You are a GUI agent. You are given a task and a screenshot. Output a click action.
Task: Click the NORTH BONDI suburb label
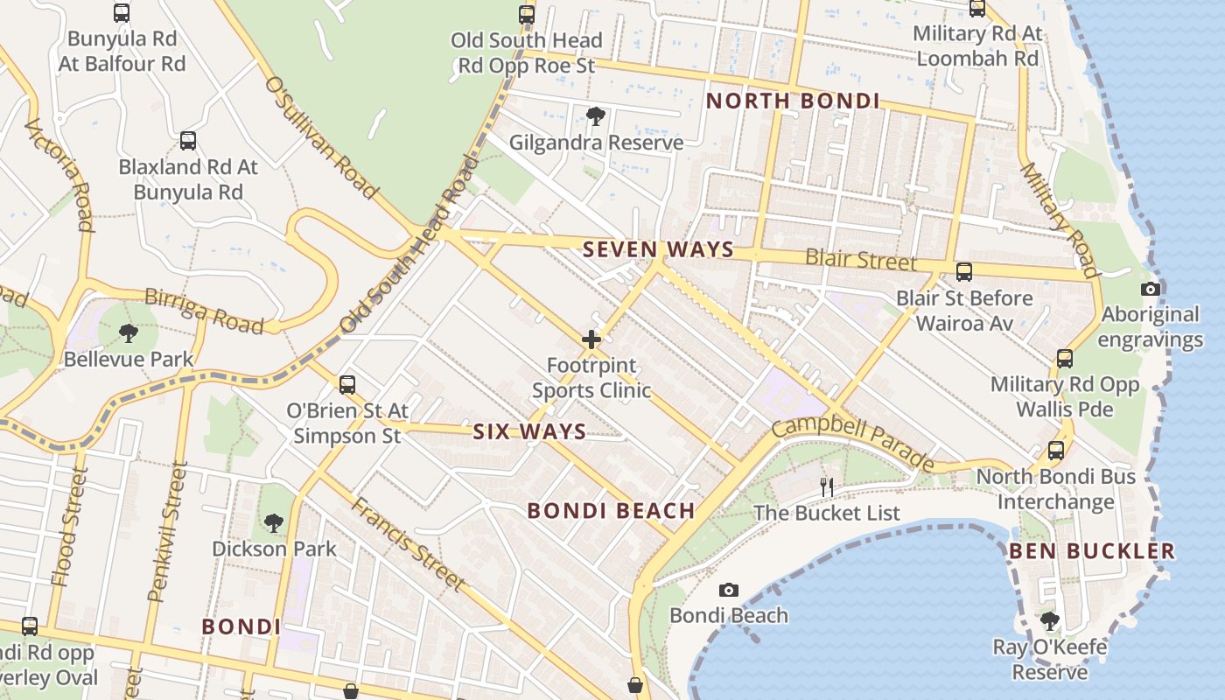coord(793,101)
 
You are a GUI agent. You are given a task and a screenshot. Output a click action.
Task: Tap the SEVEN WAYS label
coord(658,249)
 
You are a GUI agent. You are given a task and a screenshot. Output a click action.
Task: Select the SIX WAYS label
coord(529,431)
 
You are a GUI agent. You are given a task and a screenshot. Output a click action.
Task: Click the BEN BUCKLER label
coord(1092,551)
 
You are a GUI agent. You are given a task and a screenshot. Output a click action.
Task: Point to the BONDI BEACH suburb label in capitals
coord(612,511)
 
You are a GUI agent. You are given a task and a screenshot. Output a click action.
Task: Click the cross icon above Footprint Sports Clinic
coord(591,339)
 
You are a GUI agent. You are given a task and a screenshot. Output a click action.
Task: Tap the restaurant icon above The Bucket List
coord(827,487)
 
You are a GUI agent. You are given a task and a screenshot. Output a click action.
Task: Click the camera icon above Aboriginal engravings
coord(1151,290)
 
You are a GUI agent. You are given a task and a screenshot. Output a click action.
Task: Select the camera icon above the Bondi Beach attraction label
coord(728,591)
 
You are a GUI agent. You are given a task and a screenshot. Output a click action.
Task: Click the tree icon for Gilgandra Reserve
coord(596,116)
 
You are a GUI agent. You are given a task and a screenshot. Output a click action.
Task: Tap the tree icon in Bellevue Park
coord(129,333)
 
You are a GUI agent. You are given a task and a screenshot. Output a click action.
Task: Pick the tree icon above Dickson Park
coord(274,523)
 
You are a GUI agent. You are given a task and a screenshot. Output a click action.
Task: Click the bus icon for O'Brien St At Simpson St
coord(347,385)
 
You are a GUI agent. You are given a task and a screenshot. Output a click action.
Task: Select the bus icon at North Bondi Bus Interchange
coord(1056,451)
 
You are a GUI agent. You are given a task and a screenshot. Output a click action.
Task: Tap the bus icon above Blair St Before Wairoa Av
coord(964,272)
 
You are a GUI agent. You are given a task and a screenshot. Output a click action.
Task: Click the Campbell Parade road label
coord(853,443)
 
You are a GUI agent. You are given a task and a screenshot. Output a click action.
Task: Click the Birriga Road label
coord(204,311)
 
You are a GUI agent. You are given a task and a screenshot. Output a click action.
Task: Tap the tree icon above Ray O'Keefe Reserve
coord(1050,621)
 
